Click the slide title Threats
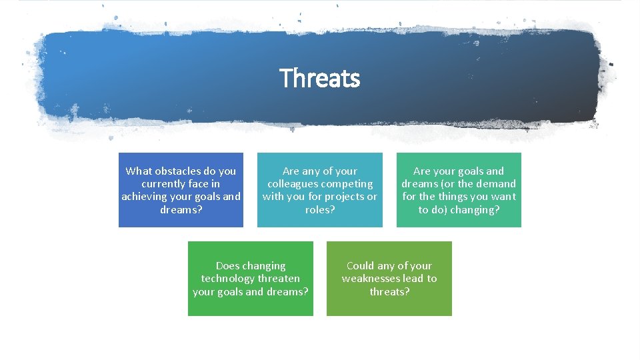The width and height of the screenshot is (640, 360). [319, 78]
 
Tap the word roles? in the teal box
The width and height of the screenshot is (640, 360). [319, 209]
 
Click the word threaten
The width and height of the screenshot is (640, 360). [278, 279]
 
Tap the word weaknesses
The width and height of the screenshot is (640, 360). [374, 279]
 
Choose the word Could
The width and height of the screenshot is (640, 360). [360, 266]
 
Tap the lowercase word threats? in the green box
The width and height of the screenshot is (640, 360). [389, 291]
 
